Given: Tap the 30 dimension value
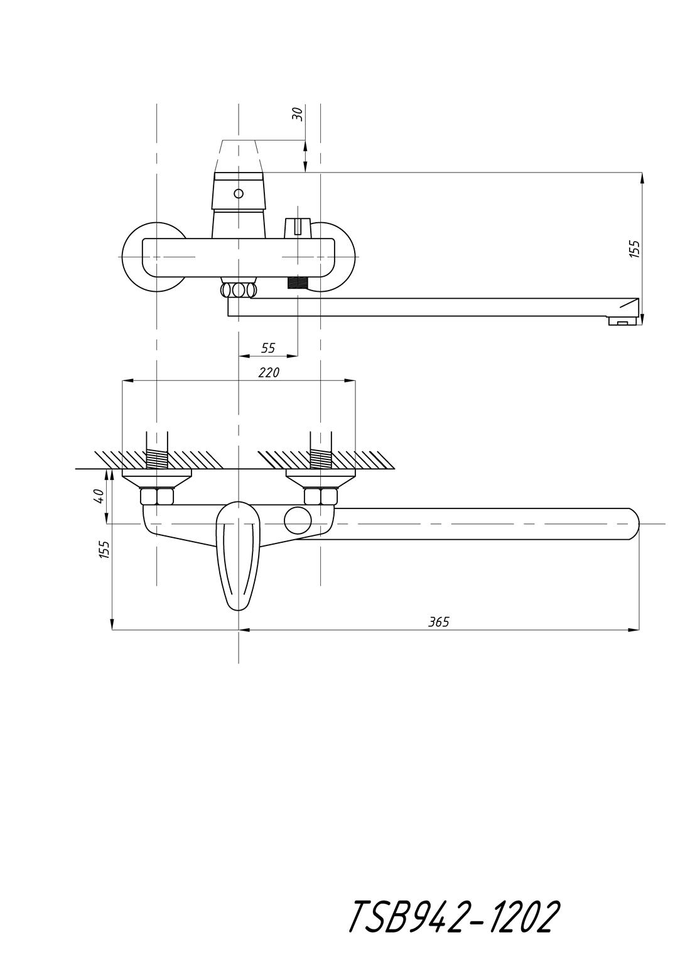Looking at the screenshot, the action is click(298, 114).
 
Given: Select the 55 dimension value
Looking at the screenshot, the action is click(268, 348).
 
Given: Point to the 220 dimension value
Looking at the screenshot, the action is click(269, 372).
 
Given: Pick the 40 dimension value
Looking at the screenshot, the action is click(99, 496).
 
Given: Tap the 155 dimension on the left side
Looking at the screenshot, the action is click(104, 550).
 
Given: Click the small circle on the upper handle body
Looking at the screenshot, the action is click(239, 193).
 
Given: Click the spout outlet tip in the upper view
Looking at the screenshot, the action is click(623, 321).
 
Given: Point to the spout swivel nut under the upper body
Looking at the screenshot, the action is click(239, 289).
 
